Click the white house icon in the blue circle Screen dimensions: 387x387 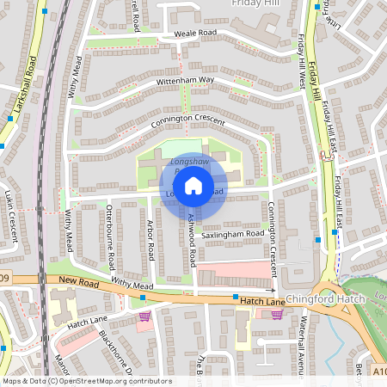[x=193, y=185]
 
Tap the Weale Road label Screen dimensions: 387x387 [x=195, y=33]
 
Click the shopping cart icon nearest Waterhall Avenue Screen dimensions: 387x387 [x=277, y=315]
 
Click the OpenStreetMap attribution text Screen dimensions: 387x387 [x=86, y=381]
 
